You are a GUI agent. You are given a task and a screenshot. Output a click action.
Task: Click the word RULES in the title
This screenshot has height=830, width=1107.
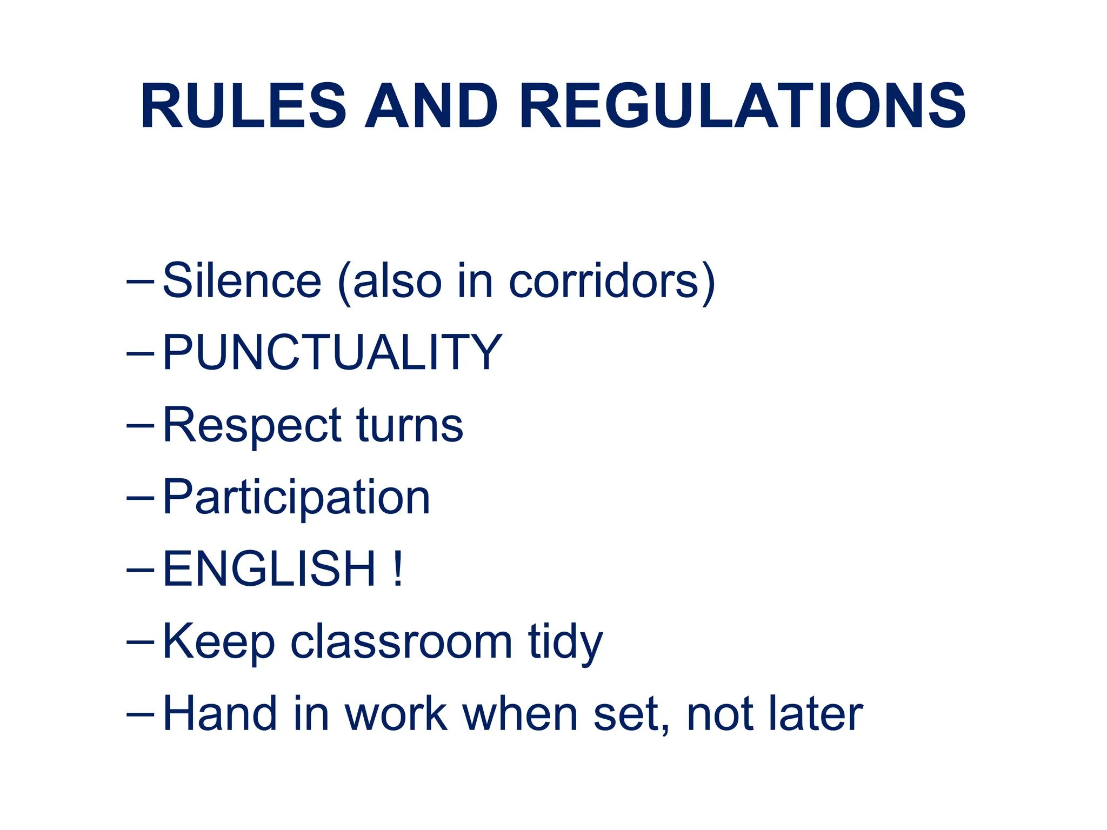[243, 106]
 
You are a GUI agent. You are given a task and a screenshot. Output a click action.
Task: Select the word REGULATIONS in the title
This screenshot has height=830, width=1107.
[742, 106]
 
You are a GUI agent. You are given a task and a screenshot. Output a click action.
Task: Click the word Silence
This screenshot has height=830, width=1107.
[242, 280]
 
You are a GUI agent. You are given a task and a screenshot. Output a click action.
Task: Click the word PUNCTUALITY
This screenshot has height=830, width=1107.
[332, 352]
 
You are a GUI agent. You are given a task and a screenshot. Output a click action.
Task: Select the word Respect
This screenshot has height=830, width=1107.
[252, 425]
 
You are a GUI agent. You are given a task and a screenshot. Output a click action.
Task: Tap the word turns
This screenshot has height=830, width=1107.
[410, 425]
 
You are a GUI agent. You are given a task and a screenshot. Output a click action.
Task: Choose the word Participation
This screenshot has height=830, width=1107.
[296, 497]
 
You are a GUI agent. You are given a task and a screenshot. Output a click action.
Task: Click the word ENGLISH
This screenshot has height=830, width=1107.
[269, 569]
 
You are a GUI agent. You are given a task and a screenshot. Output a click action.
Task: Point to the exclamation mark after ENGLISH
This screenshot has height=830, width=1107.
[398, 569]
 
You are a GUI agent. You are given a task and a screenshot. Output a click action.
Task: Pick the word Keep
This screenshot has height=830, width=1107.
[218, 642]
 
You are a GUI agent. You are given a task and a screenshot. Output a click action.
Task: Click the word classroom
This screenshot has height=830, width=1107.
[401, 642]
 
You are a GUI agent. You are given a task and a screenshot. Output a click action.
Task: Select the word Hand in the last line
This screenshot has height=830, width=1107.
[219, 714]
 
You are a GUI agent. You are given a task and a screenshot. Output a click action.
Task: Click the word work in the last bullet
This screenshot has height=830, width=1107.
[396, 714]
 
